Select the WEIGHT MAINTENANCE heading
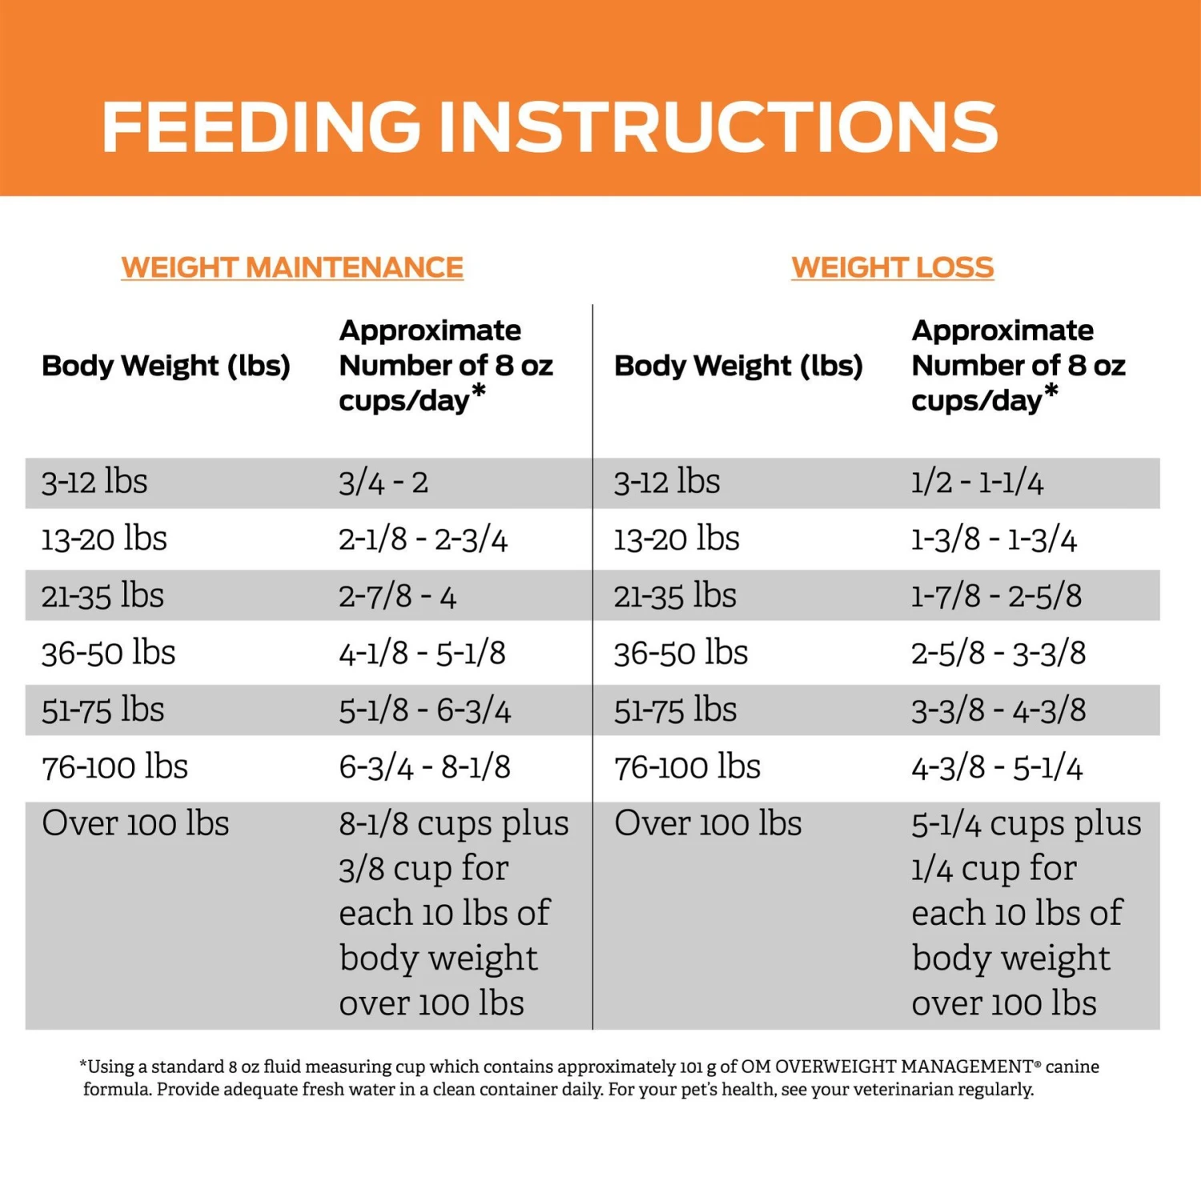point(292,267)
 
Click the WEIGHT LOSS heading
point(892,267)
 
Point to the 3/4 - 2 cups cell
point(384,483)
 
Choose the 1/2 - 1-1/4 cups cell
point(977,483)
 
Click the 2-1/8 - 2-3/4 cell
point(423,540)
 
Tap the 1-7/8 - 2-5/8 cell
point(996,596)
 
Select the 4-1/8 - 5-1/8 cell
point(422,653)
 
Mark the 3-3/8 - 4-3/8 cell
point(998,710)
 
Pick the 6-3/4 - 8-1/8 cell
point(424,767)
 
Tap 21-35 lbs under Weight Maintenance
point(102,596)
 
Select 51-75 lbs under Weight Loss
point(675,710)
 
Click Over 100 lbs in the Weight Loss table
point(708,824)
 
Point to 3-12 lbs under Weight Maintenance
point(94,483)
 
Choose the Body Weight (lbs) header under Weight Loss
point(738,366)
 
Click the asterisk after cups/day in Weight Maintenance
point(479,392)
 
